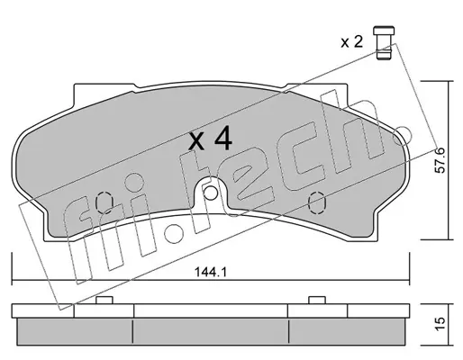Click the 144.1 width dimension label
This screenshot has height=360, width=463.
pos(211,273)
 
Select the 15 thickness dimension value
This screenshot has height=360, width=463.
pos(440,324)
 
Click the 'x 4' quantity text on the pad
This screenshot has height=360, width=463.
pos(210,139)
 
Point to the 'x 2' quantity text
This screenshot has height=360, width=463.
pos(352,41)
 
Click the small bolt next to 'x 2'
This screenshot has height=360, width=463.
pos(384,43)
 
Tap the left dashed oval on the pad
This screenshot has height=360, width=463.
pos(104,203)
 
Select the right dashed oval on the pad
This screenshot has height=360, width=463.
pos(317,203)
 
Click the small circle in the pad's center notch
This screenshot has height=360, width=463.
pos(210,193)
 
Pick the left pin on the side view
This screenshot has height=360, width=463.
pos(104,300)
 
